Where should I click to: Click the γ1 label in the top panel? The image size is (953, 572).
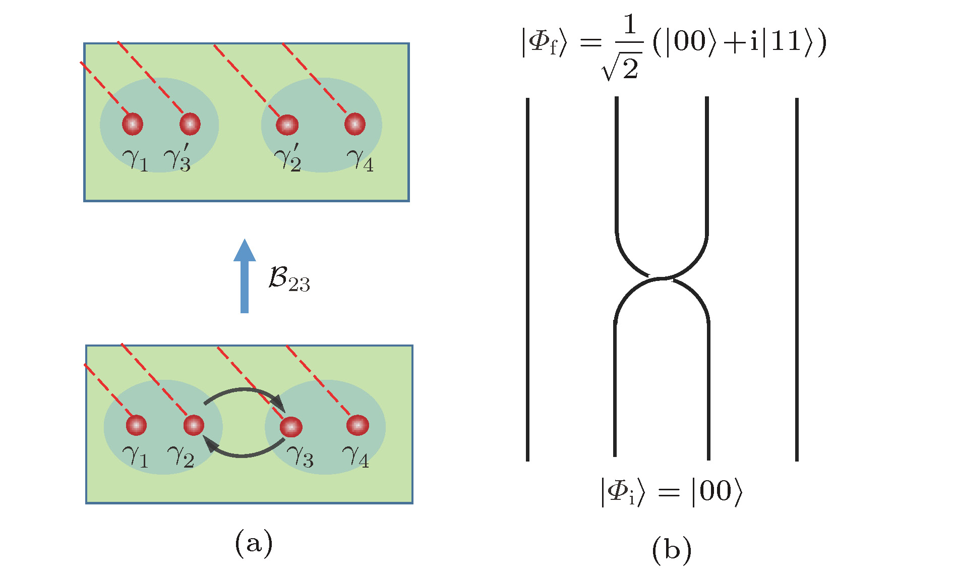pyautogui.click(x=135, y=160)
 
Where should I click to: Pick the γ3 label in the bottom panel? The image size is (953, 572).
pyautogui.click(x=300, y=456)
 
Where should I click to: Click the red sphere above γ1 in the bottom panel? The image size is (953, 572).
pyautogui.click(x=136, y=425)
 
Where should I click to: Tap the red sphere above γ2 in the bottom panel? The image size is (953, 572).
pyautogui.click(x=194, y=425)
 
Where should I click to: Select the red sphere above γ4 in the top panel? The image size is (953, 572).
pyautogui.click(x=355, y=124)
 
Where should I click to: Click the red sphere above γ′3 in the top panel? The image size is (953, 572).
pyautogui.click(x=190, y=124)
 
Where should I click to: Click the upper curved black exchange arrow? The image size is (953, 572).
pyautogui.click(x=245, y=393)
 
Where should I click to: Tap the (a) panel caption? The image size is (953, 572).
pyautogui.click(x=254, y=543)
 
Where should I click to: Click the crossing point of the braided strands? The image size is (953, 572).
pyautogui.click(x=662, y=278)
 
